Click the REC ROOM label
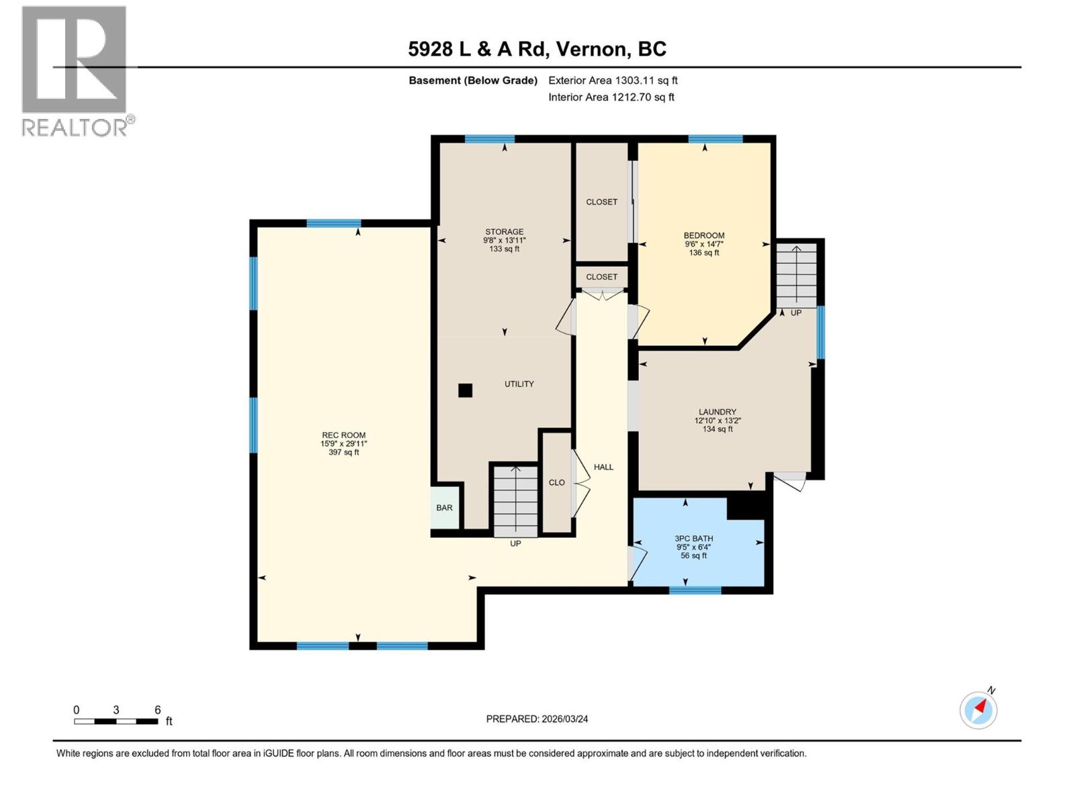click(343, 435)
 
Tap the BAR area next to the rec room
click(444, 508)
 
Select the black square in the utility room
click(465, 390)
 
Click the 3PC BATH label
click(694, 539)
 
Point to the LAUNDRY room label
click(718, 412)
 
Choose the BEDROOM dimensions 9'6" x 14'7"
click(704, 244)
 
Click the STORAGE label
click(505, 232)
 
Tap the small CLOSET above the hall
click(601, 277)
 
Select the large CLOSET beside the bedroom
click(601, 201)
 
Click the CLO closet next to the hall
click(556, 483)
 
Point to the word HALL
click(603, 467)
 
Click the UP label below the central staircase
click(515, 543)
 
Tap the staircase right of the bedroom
click(796, 275)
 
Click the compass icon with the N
click(979, 709)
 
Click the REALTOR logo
click(75, 71)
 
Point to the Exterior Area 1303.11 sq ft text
click(613, 81)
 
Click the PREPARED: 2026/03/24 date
click(537, 719)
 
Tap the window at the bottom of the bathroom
click(695, 590)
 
